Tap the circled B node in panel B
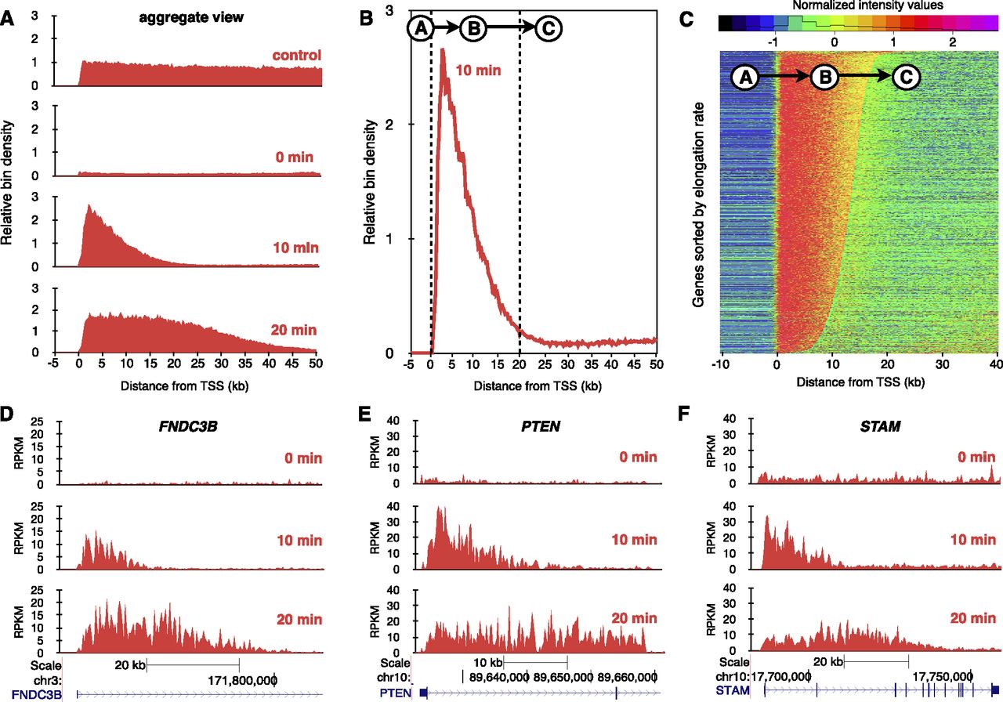click(x=473, y=28)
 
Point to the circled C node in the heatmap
click(x=906, y=77)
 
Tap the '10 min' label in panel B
click(x=479, y=72)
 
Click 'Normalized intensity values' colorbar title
click(x=855, y=5)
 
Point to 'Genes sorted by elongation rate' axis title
click(x=700, y=203)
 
